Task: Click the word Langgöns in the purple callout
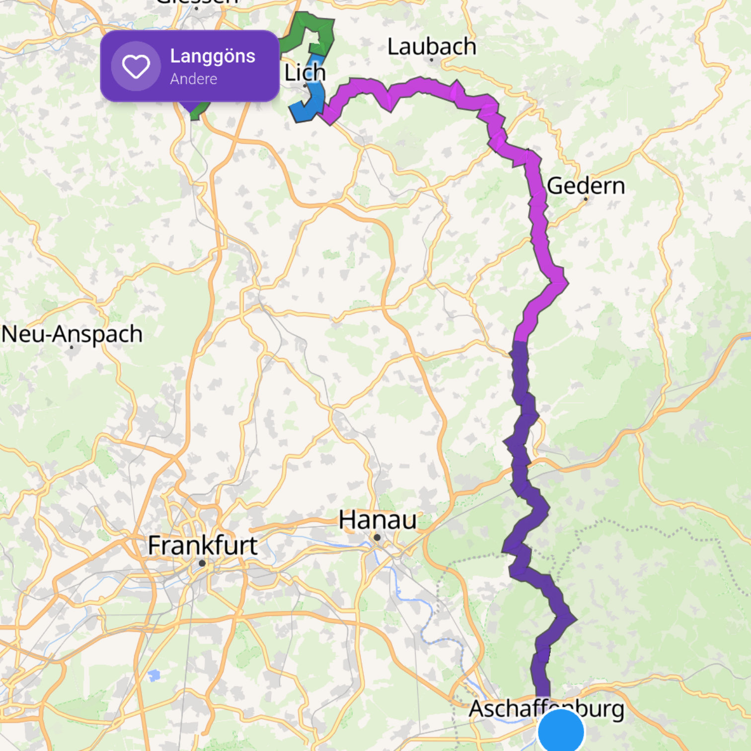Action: click(x=213, y=57)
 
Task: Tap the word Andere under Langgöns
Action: click(x=193, y=79)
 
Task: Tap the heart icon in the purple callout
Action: click(x=136, y=66)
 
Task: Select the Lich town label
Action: click(x=304, y=73)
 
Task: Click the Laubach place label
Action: click(x=431, y=47)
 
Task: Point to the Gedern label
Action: click(x=585, y=186)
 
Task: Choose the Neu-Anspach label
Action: click(x=72, y=334)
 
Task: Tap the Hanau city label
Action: click(x=377, y=520)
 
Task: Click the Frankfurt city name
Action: click(x=202, y=545)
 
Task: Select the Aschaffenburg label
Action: click(x=546, y=709)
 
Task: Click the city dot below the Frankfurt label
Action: click(x=202, y=563)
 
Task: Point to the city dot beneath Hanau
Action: click(x=377, y=537)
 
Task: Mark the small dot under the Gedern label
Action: click(x=586, y=199)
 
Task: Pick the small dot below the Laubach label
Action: click(x=431, y=60)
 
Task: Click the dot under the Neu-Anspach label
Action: click(x=72, y=347)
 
